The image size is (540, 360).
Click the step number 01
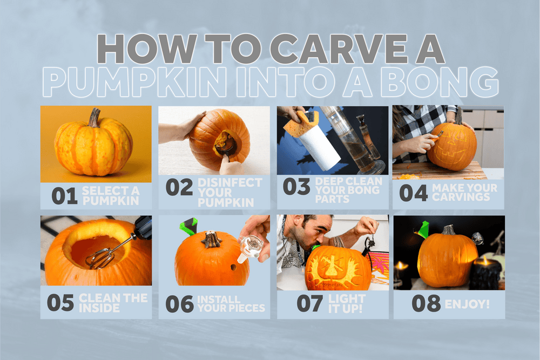(64, 196)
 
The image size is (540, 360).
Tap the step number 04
(413, 193)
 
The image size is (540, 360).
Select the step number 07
(310, 303)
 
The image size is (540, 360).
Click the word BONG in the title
(440, 83)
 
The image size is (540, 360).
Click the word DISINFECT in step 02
(230, 182)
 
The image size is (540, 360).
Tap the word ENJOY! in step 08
(467, 304)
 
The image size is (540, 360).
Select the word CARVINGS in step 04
(461, 197)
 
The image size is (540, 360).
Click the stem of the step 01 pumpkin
(93, 118)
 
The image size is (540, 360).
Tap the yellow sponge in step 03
(299, 121)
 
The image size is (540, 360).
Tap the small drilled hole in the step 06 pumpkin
(233, 267)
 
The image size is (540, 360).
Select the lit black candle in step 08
(485, 272)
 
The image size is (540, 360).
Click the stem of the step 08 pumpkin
(449, 230)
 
